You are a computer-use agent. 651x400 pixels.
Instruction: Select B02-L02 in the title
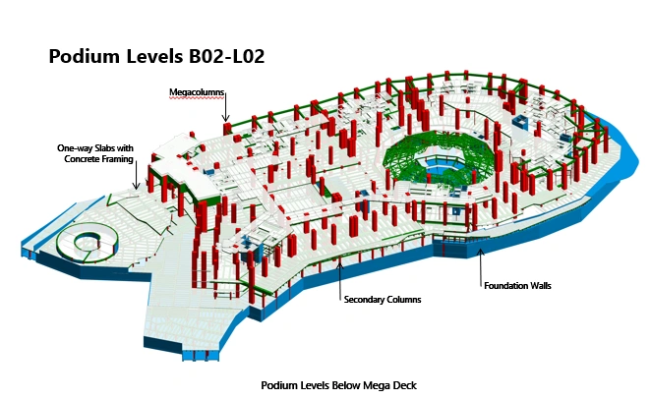(227, 56)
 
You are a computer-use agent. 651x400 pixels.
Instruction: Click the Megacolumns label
(197, 92)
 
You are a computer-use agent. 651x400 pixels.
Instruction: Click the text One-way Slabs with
(95, 148)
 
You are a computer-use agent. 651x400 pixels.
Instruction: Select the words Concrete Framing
(98, 159)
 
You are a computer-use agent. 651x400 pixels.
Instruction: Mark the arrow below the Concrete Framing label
(136, 175)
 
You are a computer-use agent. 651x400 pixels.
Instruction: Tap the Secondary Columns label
(383, 299)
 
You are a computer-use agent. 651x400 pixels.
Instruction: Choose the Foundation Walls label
(517, 285)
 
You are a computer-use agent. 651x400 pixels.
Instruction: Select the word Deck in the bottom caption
(405, 385)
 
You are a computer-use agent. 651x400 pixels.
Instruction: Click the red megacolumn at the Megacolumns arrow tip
(226, 128)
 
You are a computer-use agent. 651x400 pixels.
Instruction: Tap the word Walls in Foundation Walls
(539, 285)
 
